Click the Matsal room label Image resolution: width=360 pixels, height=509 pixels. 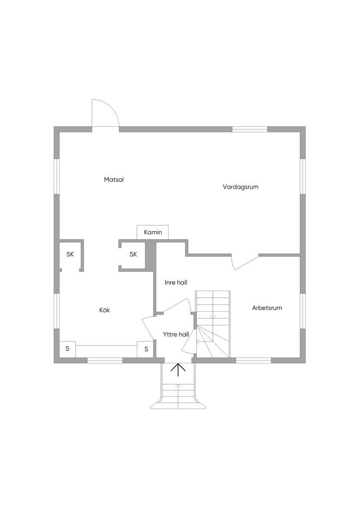114,179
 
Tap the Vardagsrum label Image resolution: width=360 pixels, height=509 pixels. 241,187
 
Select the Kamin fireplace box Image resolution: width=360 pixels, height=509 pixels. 153,232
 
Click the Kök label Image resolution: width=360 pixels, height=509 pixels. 104,310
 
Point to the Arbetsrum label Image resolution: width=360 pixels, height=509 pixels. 267,308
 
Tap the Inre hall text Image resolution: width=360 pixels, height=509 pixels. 176,282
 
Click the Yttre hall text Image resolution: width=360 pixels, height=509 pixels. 176,334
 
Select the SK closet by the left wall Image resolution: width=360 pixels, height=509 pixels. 70,254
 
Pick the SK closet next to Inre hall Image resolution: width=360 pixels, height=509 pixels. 133,254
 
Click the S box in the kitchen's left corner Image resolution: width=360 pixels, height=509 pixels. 67,349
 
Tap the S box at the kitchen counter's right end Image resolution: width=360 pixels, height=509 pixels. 146,349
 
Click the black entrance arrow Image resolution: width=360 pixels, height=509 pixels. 178,370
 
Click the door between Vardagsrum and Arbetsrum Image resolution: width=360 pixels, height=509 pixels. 245,261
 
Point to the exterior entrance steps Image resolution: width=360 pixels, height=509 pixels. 178,393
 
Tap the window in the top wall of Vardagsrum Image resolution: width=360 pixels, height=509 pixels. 250,129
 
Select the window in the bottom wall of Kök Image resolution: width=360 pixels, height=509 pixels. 105,360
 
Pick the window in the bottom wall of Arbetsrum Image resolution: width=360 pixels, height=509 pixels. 253,360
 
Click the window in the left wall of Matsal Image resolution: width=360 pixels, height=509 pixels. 57,176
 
